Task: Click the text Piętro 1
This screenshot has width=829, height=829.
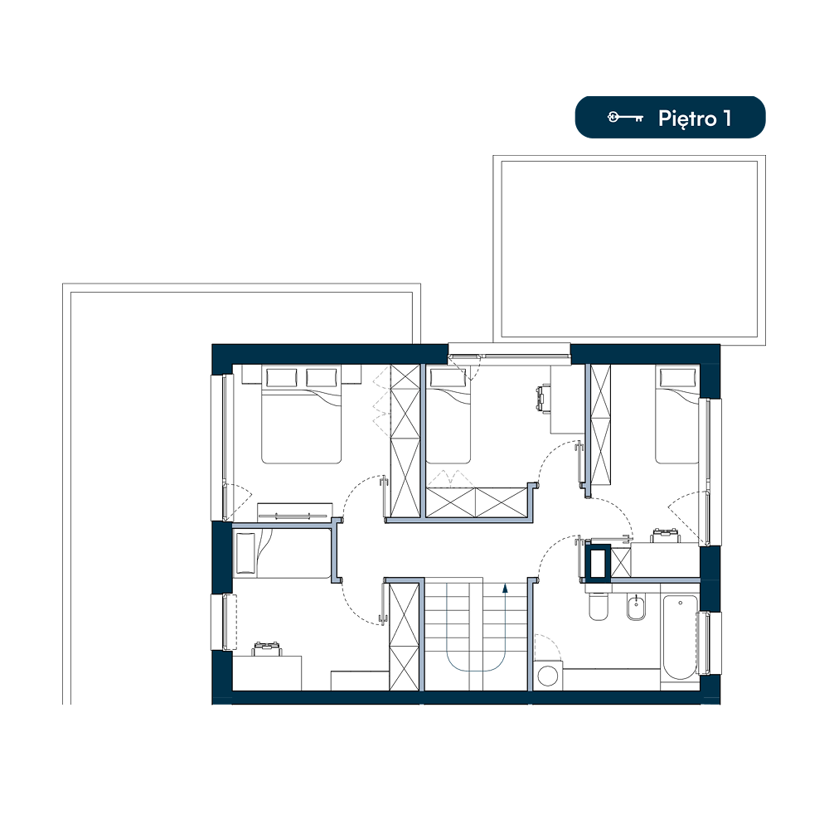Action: tap(695, 119)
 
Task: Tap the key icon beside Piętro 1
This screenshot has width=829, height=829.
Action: tap(625, 118)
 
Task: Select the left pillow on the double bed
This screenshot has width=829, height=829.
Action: tap(282, 378)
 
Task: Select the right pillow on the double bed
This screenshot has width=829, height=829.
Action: tap(322, 378)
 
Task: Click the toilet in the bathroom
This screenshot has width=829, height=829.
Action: tap(599, 606)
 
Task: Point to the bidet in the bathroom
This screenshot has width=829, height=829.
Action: tap(637, 607)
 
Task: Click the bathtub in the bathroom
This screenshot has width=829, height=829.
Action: tap(681, 637)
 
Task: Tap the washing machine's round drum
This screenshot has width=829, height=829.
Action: tap(548, 676)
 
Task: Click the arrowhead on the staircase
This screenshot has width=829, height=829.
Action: tap(505, 588)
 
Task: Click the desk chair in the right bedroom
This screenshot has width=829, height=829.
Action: tap(665, 535)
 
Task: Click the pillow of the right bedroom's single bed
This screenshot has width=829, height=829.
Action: tap(676, 377)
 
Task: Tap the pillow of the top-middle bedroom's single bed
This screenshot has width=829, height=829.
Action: tap(448, 378)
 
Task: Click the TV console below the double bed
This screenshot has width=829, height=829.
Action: tap(295, 511)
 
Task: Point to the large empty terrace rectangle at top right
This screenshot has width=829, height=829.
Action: tap(629, 249)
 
